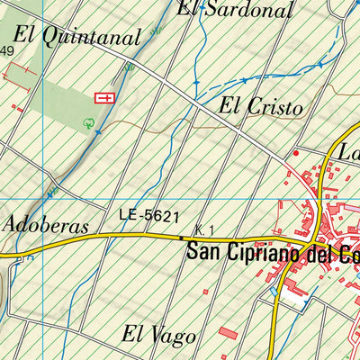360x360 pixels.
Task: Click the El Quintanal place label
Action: [79, 38]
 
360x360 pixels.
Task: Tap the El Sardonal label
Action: [236, 10]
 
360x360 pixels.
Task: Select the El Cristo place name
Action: [260, 106]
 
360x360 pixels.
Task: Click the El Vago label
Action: [160, 337]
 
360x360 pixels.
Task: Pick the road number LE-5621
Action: [149, 217]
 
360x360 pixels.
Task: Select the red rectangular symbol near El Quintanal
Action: [104, 96]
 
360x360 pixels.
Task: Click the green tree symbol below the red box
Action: [88, 123]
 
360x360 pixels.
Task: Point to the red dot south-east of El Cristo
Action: [293, 154]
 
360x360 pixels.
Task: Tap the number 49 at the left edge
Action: [7, 51]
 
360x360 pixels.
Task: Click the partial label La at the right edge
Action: [347, 153]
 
